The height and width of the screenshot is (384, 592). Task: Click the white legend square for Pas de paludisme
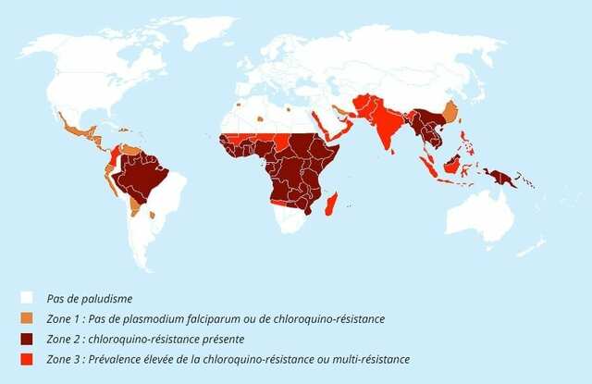(27, 298)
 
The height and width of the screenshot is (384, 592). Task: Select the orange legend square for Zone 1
(27, 318)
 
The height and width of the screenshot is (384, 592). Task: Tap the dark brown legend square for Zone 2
(27, 338)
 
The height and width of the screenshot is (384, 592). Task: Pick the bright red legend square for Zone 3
(27, 358)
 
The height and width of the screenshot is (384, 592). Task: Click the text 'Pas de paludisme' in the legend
(88, 298)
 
